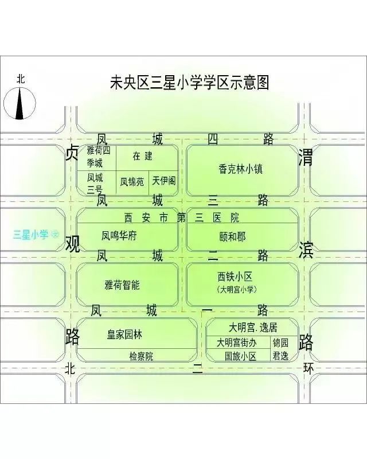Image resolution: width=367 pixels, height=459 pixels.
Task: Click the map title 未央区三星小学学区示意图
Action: tap(189, 83)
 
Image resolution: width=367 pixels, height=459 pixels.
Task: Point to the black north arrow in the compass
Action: tap(19, 104)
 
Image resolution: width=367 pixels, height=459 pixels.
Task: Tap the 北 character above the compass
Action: tap(21, 79)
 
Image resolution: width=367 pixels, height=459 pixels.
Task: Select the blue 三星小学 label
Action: tap(30, 235)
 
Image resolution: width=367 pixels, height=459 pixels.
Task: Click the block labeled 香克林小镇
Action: tap(241, 169)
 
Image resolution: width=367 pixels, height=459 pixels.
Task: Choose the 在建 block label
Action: tap(143, 156)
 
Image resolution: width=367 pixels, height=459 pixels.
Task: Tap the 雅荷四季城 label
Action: tap(99, 157)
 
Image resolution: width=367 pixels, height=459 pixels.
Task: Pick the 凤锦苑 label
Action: tap(132, 182)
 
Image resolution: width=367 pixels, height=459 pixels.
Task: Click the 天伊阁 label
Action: tap(164, 181)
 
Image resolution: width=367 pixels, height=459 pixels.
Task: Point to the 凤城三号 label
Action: tap(95, 184)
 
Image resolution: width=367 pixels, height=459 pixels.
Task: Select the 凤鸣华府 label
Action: tap(119, 235)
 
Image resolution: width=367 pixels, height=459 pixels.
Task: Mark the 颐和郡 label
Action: tap(233, 236)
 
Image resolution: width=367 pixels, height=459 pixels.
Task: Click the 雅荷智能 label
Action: tap(122, 285)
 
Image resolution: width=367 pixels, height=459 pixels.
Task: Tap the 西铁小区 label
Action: tap(235, 277)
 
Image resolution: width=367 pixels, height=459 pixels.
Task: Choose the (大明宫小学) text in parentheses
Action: tap(237, 290)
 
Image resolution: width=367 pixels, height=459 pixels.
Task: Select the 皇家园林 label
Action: tap(124, 334)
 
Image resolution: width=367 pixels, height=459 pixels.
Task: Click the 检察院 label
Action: tap(141, 356)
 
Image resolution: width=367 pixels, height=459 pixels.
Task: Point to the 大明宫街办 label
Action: tap(236, 343)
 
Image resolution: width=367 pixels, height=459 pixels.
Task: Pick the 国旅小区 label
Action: tap(240, 356)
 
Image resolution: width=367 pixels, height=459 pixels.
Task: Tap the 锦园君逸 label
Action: tap(280, 349)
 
